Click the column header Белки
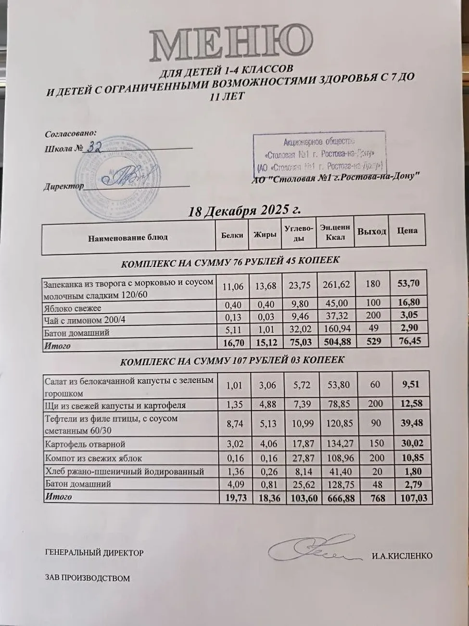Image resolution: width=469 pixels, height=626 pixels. (x=232, y=235)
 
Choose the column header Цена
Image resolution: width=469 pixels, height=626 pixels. (x=406, y=231)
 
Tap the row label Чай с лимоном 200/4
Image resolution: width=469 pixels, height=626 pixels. (x=85, y=320)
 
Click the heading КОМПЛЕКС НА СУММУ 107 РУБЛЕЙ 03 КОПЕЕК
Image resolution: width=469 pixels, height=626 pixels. (x=232, y=361)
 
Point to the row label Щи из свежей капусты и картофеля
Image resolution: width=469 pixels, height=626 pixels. (x=115, y=405)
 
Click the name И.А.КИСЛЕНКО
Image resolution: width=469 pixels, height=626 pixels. (x=402, y=556)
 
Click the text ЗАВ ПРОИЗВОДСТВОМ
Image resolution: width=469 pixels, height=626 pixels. (x=87, y=578)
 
